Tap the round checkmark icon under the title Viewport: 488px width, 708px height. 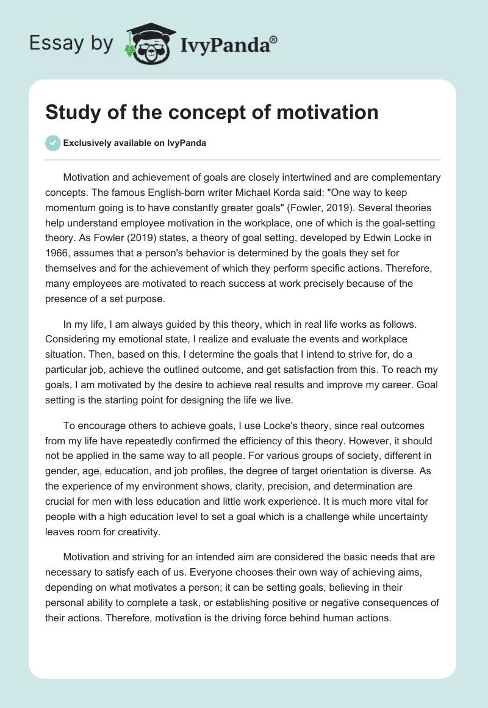(52, 143)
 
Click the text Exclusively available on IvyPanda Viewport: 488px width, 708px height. (134, 143)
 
